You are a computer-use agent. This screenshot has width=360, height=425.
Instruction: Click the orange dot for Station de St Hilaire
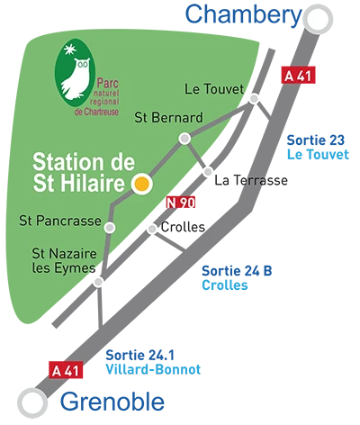(140, 184)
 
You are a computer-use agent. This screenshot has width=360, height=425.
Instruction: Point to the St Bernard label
(168, 117)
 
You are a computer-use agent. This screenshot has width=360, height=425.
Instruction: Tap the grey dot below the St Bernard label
(184, 139)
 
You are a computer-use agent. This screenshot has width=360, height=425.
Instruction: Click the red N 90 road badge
(182, 203)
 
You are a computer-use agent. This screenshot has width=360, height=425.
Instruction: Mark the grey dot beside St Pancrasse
(111, 227)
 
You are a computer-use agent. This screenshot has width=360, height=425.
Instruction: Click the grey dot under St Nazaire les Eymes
(98, 281)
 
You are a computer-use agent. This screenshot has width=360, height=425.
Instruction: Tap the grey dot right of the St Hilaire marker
(209, 171)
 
